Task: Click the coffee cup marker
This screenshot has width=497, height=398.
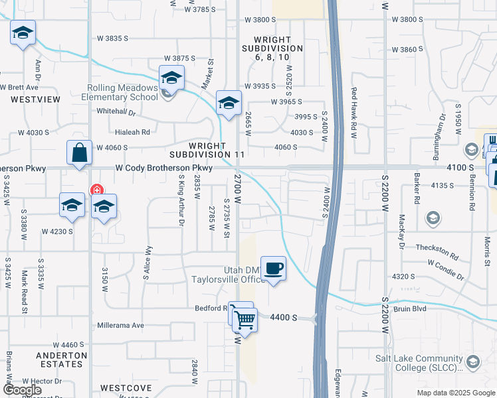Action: (273, 269)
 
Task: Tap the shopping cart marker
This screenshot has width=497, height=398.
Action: (245, 320)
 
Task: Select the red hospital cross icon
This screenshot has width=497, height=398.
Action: (97, 189)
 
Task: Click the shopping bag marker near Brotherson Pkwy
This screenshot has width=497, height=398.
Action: (79, 153)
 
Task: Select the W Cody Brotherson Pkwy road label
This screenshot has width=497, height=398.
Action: (163, 168)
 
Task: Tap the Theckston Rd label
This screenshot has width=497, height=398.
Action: (437, 251)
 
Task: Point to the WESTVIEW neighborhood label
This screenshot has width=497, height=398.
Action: (35, 99)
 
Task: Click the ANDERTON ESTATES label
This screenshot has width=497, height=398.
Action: (62, 360)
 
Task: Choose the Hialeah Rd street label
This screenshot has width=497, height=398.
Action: (132, 132)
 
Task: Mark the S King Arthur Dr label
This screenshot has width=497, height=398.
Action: (180, 199)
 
